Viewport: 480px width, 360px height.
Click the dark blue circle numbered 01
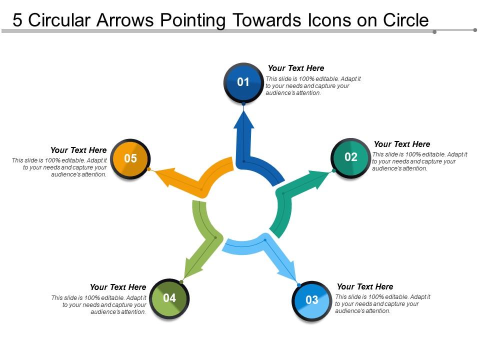[x=243, y=82]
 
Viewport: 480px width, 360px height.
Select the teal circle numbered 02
[x=351, y=157]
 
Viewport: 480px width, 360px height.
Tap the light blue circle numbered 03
[x=311, y=300]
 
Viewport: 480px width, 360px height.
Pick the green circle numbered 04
[x=169, y=298]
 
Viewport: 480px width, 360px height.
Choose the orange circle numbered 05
[x=130, y=159]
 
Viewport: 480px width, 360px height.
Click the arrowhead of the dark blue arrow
[x=244, y=120]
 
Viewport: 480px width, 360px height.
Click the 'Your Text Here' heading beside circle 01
[x=296, y=68]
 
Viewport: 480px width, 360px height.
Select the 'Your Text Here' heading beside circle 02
[x=402, y=144]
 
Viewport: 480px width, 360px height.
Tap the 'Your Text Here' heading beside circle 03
[x=365, y=287]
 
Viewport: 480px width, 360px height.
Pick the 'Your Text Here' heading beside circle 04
[x=118, y=287]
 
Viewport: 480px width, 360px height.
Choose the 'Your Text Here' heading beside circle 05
[x=78, y=150]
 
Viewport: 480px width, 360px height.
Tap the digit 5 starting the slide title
[x=18, y=20]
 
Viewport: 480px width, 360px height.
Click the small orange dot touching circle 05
[x=149, y=169]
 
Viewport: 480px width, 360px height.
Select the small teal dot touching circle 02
[x=334, y=171]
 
